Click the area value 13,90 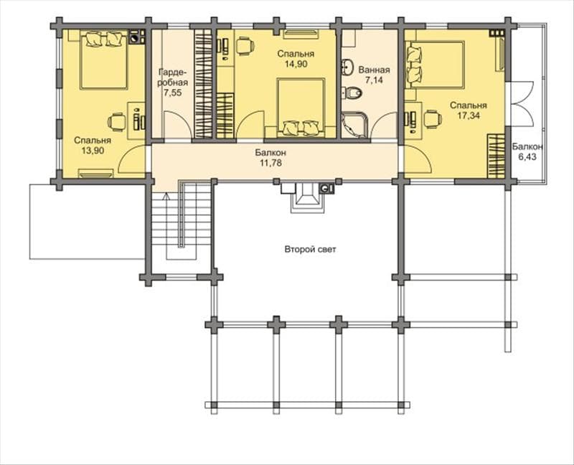click(x=93, y=151)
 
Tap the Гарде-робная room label click(x=173, y=77)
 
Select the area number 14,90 click(x=296, y=64)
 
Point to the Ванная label click(x=374, y=70)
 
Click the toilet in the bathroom click(x=352, y=93)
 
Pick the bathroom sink click(x=347, y=67)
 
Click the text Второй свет click(x=310, y=250)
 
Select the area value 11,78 click(x=271, y=163)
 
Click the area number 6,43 click(x=527, y=156)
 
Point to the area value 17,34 click(x=469, y=116)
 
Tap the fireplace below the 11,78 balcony click(x=307, y=198)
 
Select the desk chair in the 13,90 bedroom click(x=116, y=121)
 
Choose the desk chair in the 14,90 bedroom click(x=245, y=47)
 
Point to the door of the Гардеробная click(x=177, y=126)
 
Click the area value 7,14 click(x=374, y=80)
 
